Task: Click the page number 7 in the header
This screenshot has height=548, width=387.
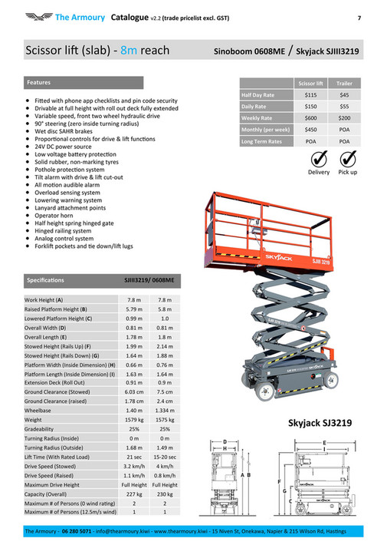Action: click(x=359, y=17)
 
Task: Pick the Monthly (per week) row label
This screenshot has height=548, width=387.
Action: click(x=265, y=130)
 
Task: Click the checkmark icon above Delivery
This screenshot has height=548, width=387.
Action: click(x=319, y=158)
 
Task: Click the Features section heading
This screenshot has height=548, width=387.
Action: click(x=39, y=81)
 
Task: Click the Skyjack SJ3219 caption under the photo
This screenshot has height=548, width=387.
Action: click(x=320, y=423)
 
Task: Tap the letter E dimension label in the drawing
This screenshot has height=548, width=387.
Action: click(x=324, y=443)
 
